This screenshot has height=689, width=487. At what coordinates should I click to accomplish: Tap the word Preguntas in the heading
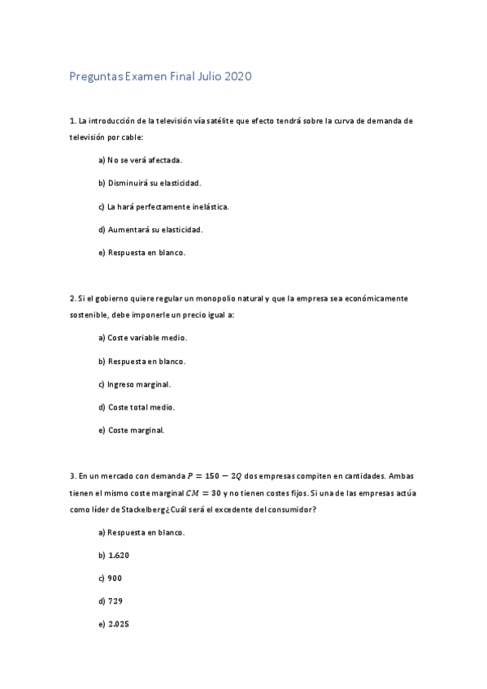(x=97, y=77)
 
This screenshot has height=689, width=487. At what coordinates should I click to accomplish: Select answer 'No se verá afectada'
(x=145, y=160)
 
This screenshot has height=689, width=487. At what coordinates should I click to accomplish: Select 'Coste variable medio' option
(x=147, y=337)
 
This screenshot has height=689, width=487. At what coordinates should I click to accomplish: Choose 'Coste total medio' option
(x=141, y=406)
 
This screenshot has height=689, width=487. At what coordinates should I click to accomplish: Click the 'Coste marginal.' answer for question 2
(x=137, y=430)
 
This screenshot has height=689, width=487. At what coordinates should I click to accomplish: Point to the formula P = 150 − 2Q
(x=215, y=476)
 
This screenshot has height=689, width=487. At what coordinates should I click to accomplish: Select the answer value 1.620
(x=119, y=555)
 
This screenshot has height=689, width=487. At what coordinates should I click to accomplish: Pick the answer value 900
(x=115, y=578)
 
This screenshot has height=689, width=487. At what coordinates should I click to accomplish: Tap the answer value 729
(x=115, y=601)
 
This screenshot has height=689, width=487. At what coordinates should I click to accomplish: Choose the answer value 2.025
(x=119, y=624)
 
